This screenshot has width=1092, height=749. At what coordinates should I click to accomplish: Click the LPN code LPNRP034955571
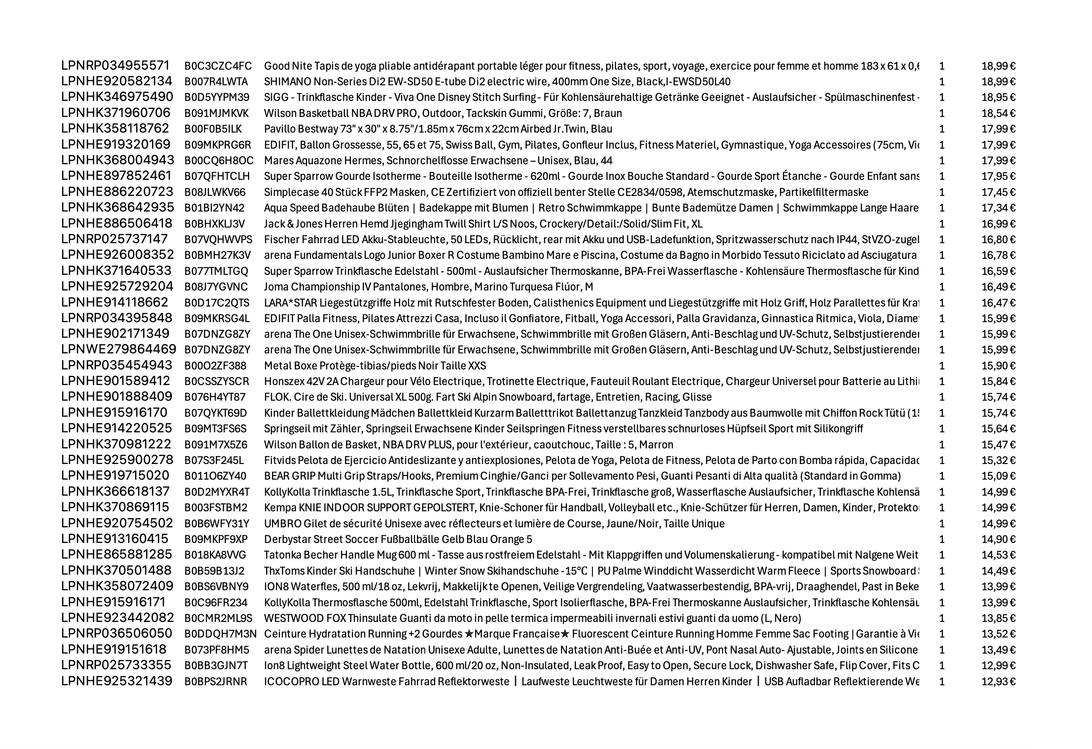[115, 66]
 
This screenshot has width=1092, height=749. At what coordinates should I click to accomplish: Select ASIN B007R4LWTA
[216, 82]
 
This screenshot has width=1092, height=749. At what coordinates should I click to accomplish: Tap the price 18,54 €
[998, 113]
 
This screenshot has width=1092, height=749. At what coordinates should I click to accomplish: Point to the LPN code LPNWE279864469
[118, 350]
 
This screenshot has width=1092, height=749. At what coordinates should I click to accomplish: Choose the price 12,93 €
[998, 681]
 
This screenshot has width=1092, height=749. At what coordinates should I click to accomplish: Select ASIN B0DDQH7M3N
[220, 634]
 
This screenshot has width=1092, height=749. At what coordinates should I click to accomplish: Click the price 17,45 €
[998, 192]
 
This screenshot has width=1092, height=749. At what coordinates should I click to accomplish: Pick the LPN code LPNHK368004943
[117, 161]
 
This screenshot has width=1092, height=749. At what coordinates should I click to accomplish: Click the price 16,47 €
[998, 303]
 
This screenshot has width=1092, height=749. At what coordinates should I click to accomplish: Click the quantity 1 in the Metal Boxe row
[942, 366]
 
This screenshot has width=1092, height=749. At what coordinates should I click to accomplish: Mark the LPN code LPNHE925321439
[117, 681]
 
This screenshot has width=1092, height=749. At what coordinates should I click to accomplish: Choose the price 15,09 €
[998, 476]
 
